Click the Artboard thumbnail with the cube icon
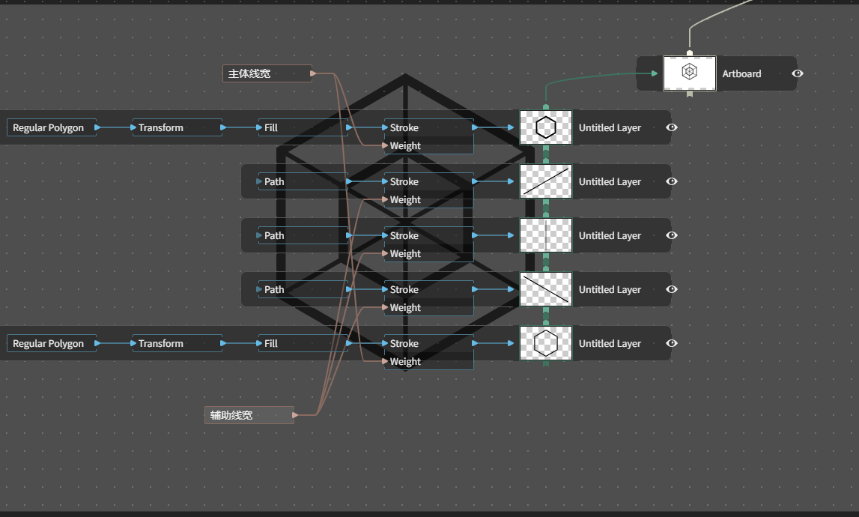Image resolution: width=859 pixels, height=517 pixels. click(689, 73)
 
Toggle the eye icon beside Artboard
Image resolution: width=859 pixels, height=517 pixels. click(798, 73)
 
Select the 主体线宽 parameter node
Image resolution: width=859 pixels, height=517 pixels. click(267, 73)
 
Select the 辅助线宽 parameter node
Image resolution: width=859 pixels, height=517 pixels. click(249, 415)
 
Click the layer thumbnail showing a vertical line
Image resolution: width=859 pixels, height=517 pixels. click(546, 235)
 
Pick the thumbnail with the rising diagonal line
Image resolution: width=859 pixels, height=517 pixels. click(546, 181)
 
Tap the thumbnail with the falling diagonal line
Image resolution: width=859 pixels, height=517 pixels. click(546, 289)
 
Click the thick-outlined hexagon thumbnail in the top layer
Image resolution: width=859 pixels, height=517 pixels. click(546, 127)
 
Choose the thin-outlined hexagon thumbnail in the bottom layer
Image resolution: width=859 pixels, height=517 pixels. click(546, 343)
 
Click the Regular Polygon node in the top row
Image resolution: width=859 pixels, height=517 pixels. click(52, 127)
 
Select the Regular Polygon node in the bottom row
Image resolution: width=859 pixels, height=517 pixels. click(52, 343)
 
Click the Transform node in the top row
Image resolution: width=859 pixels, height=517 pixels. click(177, 127)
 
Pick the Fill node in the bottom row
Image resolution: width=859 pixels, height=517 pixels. click(303, 343)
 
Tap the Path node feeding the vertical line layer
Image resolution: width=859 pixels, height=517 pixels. click(303, 235)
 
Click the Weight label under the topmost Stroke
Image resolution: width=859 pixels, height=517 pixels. click(405, 146)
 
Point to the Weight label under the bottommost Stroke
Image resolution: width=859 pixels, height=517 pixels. click(405, 361)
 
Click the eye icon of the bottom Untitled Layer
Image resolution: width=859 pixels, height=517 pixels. click(672, 343)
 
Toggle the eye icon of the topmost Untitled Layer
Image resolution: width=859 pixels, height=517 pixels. click(672, 127)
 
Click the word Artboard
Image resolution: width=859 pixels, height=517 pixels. click(741, 73)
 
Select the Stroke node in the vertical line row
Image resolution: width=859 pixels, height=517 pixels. click(429, 235)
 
